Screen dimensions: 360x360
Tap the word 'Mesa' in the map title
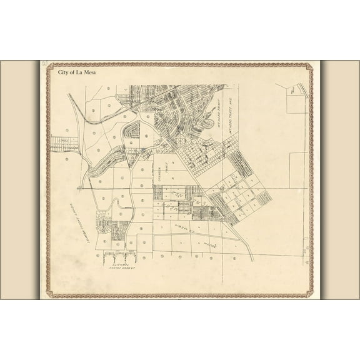[x=88, y=72]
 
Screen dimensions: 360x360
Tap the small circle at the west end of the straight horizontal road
[x=78, y=187]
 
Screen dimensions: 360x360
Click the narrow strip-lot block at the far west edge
[x=64, y=144]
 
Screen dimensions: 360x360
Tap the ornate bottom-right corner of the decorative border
[x=311, y=294]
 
